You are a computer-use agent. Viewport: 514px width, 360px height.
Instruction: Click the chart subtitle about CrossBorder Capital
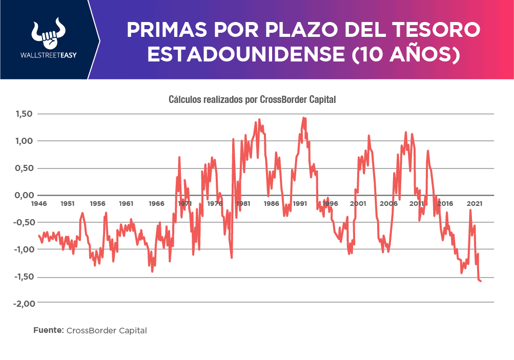pos(252,99)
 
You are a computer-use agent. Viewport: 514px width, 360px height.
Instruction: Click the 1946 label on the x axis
pos(38,204)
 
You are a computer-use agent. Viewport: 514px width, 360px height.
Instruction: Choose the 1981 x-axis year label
pos(243,204)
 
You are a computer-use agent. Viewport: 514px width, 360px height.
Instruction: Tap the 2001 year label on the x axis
pos(358,204)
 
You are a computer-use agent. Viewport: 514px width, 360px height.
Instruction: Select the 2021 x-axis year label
pos(475,204)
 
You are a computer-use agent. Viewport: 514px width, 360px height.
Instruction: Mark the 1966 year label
pos(156,204)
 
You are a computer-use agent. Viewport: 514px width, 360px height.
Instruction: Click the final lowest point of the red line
pos(480,281)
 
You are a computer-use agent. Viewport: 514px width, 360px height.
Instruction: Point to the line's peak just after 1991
pos(303,118)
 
